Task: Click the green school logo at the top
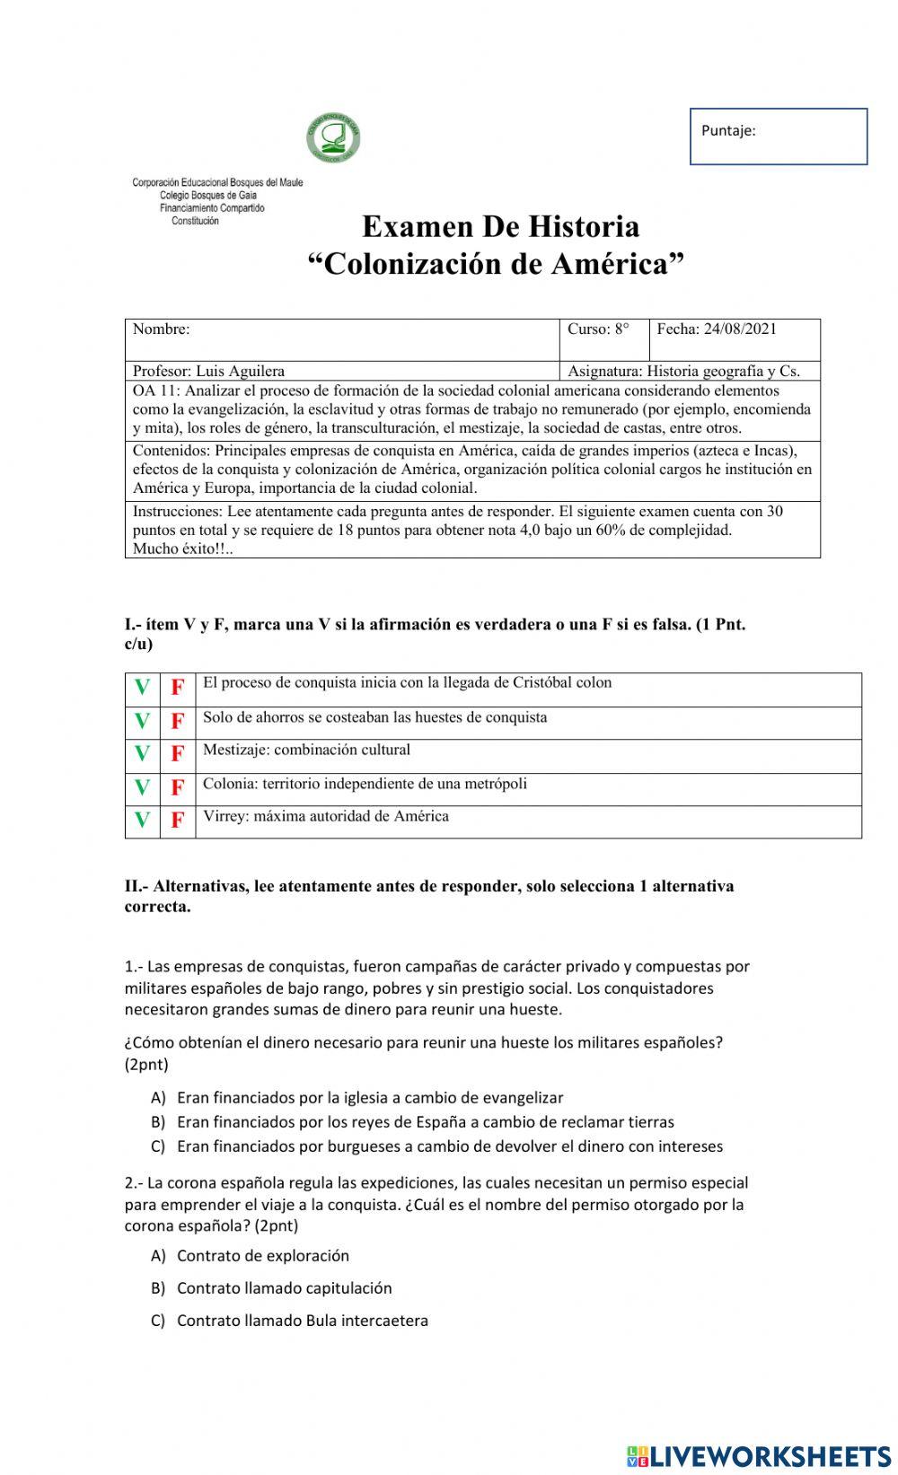[x=333, y=139]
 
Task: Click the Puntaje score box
[x=778, y=136]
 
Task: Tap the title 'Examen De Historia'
[x=500, y=226]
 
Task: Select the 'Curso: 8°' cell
[x=598, y=329]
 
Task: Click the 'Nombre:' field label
[x=162, y=329]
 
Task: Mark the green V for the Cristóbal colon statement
[x=142, y=688]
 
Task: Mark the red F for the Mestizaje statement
[x=178, y=754]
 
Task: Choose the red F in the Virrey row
[x=178, y=821]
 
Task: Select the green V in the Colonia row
[x=142, y=787]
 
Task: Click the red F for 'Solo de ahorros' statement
[x=178, y=721]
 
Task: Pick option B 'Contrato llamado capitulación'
[x=284, y=1288]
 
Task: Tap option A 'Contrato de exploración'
[x=262, y=1256]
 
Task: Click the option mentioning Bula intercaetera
[x=302, y=1321]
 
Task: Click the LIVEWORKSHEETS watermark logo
[x=759, y=1456]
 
